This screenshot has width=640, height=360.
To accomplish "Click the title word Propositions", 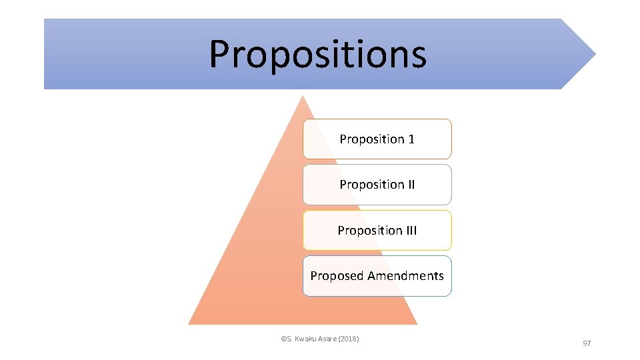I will pyautogui.click(x=317, y=55).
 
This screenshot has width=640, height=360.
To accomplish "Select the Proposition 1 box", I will pyautogui.click(x=377, y=139).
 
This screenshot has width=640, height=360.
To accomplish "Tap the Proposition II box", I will pyautogui.click(x=377, y=185).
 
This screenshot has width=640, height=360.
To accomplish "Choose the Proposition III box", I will pyautogui.click(x=377, y=231).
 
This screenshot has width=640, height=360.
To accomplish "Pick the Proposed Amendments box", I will pyautogui.click(x=377, y=276).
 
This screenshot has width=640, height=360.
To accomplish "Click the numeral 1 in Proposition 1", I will pyautogui.click(x=411, y=139).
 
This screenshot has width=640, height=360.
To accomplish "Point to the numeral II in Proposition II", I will pyautogui.click(x=411, y=185).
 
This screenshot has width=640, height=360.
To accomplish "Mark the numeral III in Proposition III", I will pyautogui.click(x=409, y=231).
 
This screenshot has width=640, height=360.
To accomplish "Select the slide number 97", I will pyautogui.click(x=587, y=343).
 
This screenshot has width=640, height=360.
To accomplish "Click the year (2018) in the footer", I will pyautogui.click(x=349, y=339).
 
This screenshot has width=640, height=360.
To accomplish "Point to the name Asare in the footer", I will pyautogui.click(x=327, y=339).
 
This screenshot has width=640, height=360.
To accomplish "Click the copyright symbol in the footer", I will pyautogui.click(x=283, y=339).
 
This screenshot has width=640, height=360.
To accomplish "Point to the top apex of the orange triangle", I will pyautogui.click(x=303, y=97).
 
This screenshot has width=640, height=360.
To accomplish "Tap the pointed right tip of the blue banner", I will pyautogui.click(x=594, y=54).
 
